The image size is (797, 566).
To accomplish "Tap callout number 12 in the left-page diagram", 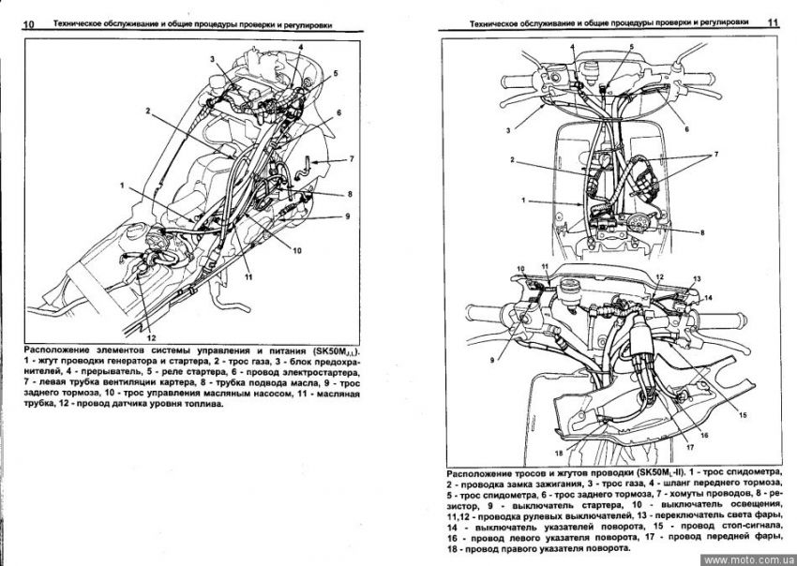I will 150,335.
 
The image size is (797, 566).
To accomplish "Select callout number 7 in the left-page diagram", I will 351,160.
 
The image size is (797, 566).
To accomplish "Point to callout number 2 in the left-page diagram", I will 148,111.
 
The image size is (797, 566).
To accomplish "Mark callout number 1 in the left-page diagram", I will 122,186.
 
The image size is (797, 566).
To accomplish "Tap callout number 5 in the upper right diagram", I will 631,46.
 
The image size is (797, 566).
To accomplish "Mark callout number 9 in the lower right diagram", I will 489,359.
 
